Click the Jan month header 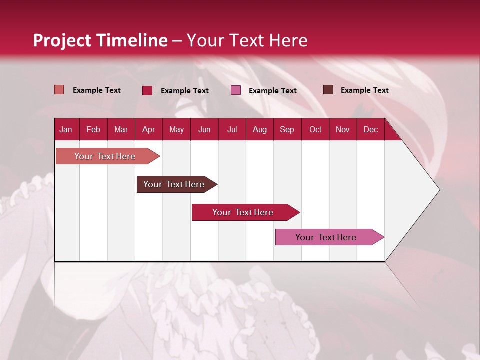click(66, 130)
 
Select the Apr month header click(148, 130)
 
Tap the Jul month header click(232, 130)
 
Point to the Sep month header click(287, 130)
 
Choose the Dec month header click(370, 130)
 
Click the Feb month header click(93, 130)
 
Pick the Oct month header click(315, 130)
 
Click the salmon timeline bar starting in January click(105, 156)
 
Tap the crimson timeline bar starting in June click(243, 212)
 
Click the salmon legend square click(59, 90)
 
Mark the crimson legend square click(147, 90)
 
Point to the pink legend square click(236, 90)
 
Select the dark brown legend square click(328, 90)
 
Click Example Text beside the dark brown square click(364, 90)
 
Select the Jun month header click(204, 130)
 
